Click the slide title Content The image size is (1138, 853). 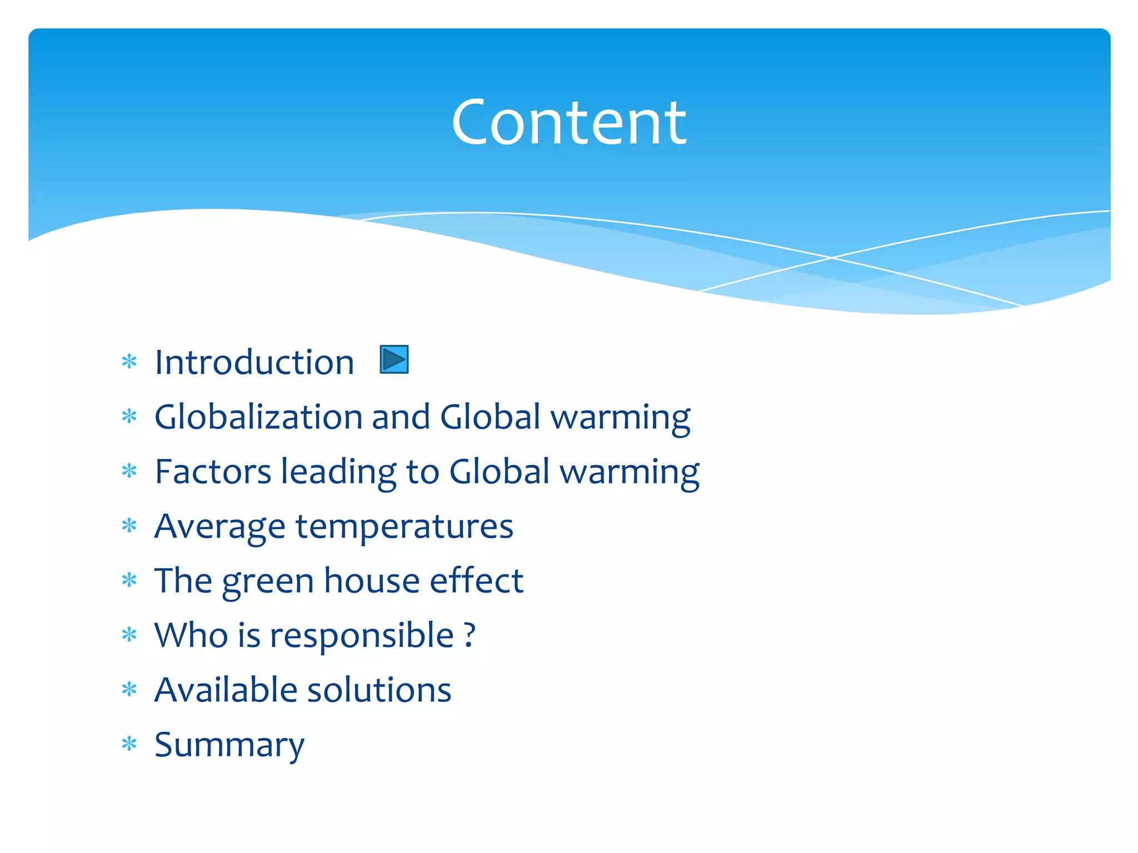pyautogui.click(x=568, y=122)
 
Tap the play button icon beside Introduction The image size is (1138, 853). pyautogui.click(x=394, y=359)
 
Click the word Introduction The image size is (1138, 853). pyautogui.click(x=254, y=363)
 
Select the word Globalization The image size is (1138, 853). pyautogui.click(x=258, y=417)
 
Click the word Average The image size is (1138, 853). pyautogui.click(x=219, y=526)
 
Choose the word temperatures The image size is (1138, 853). pyautogui.click(x=405, y=526)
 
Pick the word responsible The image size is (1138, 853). pyautogui.click(x=362, y=636)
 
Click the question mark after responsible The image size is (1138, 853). pyautogui.click(x=470, y=635)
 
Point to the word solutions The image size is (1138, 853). pyautogui.click(x=379, y=690)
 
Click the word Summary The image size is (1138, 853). pyautogui.click(x=229, y=745)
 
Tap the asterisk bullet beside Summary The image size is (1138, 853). pyautogui.click(x=129, y=744)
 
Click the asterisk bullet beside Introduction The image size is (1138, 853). pyautogui.click(x=129, y=362)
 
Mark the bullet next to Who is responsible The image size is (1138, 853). pyautogui.click(x=129, y=635)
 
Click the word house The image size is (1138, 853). pyautogui.click(x=372, y=580)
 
